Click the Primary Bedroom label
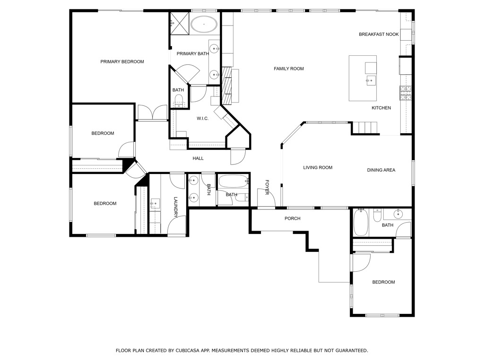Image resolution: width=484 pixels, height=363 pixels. [x=122, y=62]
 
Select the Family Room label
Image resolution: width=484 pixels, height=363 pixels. [x=289, y=69]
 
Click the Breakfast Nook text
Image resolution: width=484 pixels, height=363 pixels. [x=379, y=34]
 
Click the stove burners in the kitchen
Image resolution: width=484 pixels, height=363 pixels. [x=406, y=93]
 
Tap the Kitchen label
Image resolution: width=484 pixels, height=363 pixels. [x=381, y=108]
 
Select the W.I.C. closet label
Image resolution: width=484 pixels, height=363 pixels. [x=203, y=119]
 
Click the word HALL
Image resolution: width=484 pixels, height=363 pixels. [x=198, y=158]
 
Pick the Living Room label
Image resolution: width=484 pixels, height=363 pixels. [x=318, y=168]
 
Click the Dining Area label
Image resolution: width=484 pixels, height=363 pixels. [x=381, y=170]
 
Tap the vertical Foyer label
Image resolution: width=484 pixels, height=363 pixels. [x=267, y=187]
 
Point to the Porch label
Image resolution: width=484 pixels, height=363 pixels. [x=293, y=218]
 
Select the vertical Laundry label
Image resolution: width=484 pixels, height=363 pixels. [x=176, y=207]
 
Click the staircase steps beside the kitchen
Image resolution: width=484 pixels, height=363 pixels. [x=365, y=128]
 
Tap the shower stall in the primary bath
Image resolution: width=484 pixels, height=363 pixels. [x=179, y=24]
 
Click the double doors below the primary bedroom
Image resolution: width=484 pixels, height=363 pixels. [x=153, y=112]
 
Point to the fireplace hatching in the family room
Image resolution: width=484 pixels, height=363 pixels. [x=227, y=86]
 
